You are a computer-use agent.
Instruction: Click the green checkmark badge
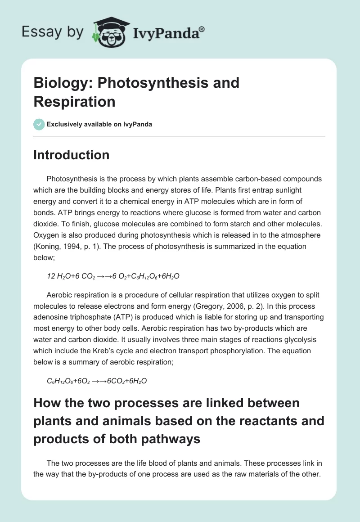39,124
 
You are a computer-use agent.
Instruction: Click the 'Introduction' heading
72,155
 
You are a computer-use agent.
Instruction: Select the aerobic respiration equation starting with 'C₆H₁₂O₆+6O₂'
97,381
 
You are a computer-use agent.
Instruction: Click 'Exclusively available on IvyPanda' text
99,124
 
